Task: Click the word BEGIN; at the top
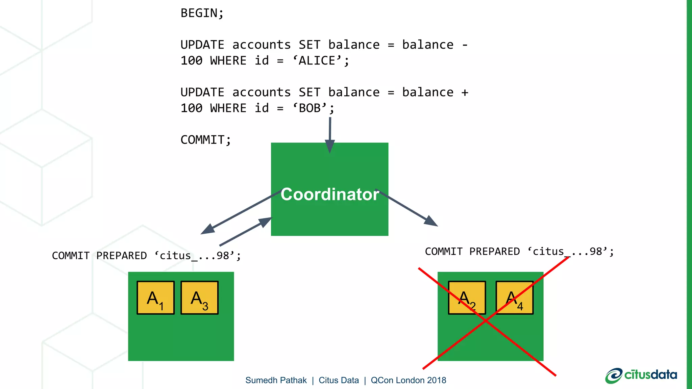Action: point(202,13)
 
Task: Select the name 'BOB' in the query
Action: point(310,108)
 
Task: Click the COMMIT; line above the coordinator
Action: point(205,140)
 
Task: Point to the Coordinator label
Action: point(329,194)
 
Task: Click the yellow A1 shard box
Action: point(156,298)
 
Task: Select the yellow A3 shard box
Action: point(199,298)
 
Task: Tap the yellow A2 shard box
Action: point(467,298)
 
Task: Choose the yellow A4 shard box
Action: point(514,298)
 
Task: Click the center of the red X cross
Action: point(486,320)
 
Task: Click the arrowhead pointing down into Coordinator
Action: point(330,147)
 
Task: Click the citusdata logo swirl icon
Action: point(614,376)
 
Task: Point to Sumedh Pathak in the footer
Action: point(276,380)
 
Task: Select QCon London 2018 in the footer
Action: point(408,380)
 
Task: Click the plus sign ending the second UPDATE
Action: point(465,93)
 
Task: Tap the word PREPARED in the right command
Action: point(494,252)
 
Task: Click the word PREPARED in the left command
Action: point(121,256)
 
